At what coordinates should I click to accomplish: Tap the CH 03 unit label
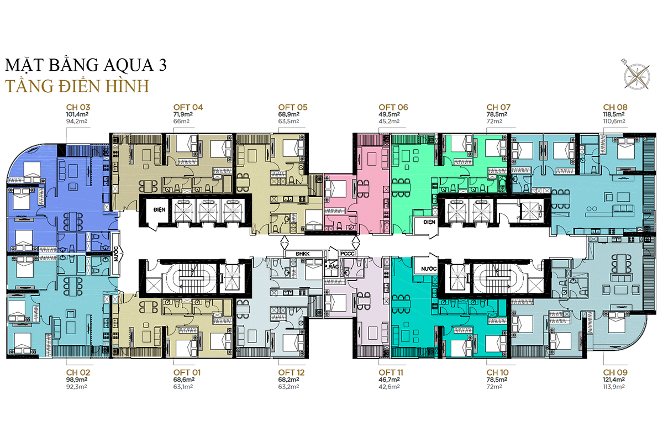coord(77,107)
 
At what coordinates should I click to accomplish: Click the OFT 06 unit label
coord(393,107)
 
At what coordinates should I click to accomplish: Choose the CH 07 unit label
coord(498,107)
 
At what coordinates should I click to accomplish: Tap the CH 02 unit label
coord(77,372)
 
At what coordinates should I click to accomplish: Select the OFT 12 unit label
coord(292,372)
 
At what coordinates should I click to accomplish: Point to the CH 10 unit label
coord(498,372)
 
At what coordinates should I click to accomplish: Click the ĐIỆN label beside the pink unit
coord(429,222)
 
